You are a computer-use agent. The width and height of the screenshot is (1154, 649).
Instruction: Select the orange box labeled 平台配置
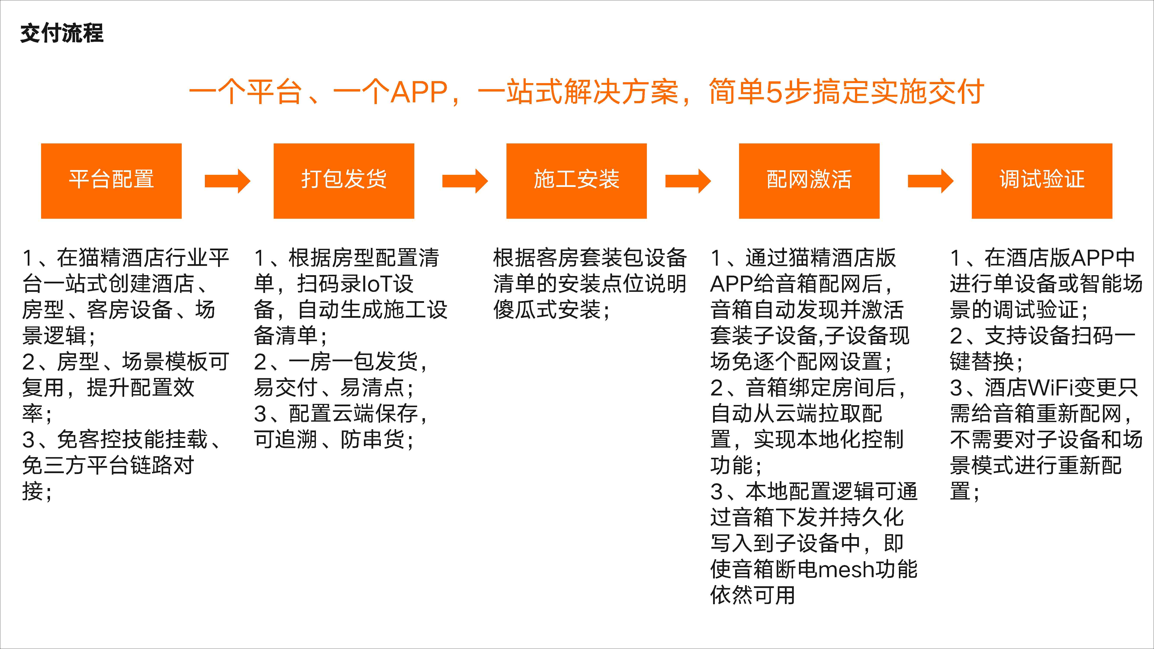pyautogui.click(x=111, y=181)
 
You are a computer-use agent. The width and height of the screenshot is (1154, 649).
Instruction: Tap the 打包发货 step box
pyautogui.click(x=344, y=181)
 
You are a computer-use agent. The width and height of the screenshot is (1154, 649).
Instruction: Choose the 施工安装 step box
pyautogui.click(x=577, y=181)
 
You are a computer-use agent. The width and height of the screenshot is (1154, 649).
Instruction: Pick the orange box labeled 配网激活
pyautogui.click(x=809, y=181)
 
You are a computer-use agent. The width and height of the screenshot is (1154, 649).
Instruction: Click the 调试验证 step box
pyautogui.click(x=1042, y=181)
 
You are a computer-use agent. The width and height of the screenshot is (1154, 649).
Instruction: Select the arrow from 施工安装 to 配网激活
pyautogui.click(x=688, y=181)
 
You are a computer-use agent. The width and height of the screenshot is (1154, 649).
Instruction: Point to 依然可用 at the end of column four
pyautogui.click(x=753, y=595)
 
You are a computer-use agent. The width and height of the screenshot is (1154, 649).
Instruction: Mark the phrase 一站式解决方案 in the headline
pyautogui.click(x=578, y=92)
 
